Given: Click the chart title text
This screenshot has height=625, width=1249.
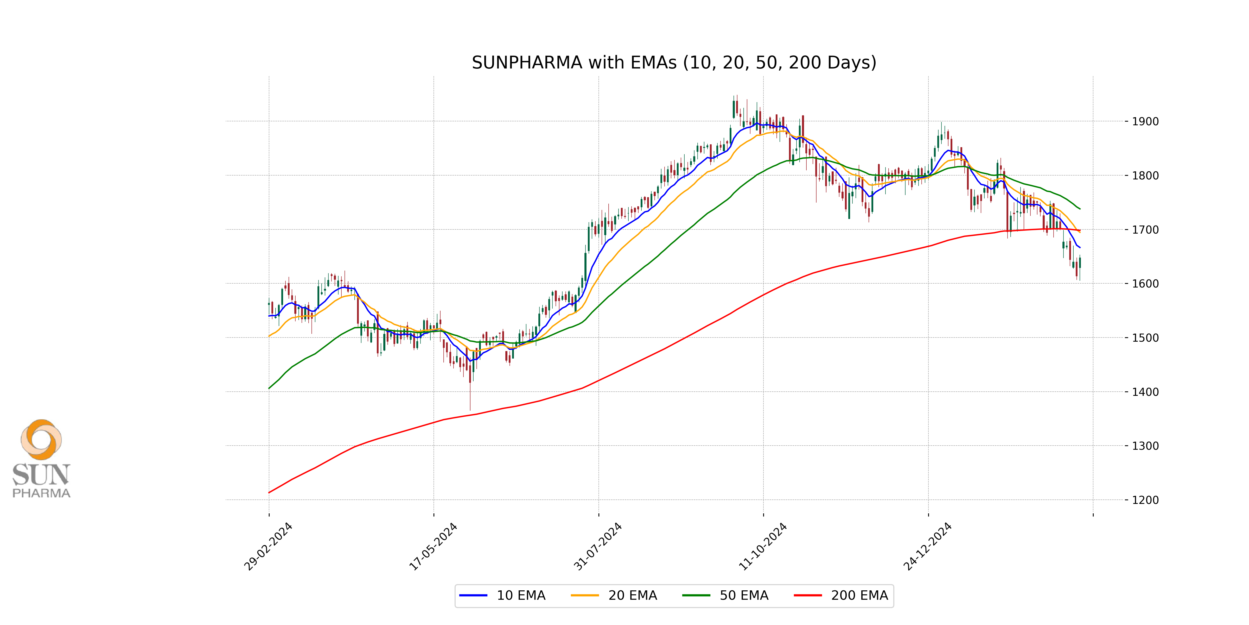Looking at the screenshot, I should coord(674,63).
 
